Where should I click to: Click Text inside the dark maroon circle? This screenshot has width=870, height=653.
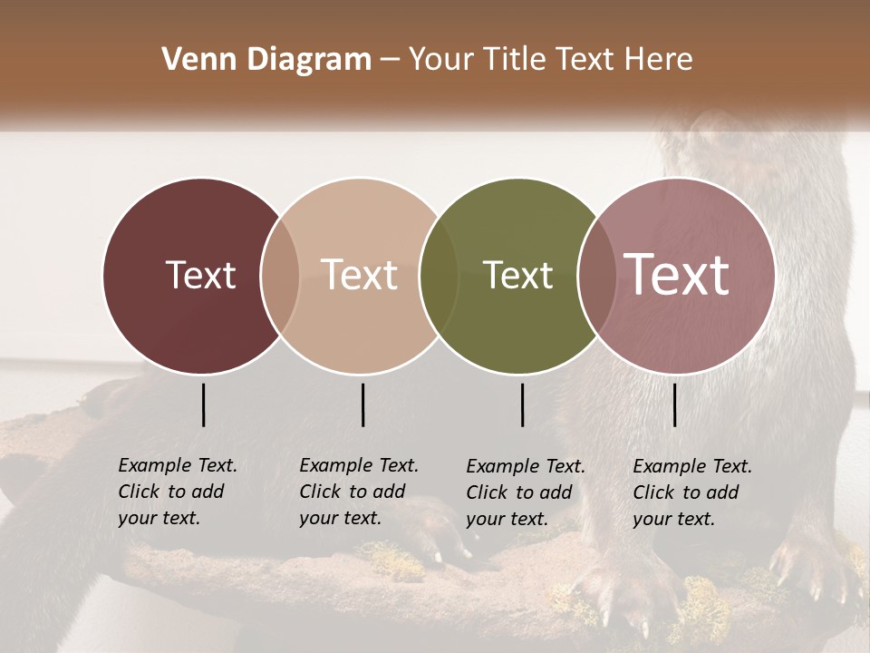[x=200, y=275]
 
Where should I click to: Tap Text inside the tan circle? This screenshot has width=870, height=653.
[x=360, y=275]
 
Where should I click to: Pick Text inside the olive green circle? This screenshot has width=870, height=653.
[x=517, y=275]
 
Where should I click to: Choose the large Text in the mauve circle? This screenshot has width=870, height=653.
[x=677, y=275]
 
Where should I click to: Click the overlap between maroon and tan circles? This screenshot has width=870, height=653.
[x=280, y=275]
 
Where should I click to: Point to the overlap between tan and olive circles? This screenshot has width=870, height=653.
[x=440, y=275]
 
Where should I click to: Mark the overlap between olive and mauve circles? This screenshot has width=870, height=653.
[x=596, y=275]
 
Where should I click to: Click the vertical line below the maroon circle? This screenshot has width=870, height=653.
[x=203, y=404]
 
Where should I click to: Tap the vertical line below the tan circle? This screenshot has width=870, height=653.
[x=362, y=404]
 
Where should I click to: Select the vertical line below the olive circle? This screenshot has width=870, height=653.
[x=522, y=404]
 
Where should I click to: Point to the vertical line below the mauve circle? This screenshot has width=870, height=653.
[x=674, y=404]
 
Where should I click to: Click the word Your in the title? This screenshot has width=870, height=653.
[x=441, y=60]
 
